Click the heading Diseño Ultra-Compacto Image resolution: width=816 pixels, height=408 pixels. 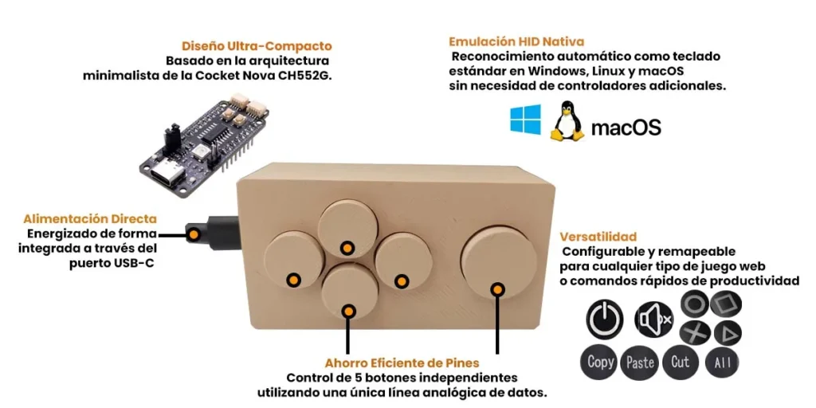pos(256,46)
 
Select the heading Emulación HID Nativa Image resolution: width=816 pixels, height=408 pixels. pos(516,41)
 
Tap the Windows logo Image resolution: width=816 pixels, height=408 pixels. pos(525,119)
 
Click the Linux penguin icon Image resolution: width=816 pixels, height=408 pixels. pos(567,121)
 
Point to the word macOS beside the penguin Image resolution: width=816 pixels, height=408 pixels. pos(626,127)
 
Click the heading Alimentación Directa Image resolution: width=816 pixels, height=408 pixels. pos(90,218)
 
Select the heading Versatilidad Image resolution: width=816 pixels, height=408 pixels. pos(598,237)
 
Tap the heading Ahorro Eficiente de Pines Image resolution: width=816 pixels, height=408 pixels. pos(402,363)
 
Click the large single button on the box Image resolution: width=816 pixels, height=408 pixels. pos(499,261)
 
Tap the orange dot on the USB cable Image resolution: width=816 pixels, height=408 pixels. pos(194,234)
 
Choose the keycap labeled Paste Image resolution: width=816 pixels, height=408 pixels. pos(640,363)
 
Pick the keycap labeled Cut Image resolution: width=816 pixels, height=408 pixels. pos(681,362)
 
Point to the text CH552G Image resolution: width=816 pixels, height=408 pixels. pos(308,75)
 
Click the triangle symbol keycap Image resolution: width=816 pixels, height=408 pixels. pos(727,333)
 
